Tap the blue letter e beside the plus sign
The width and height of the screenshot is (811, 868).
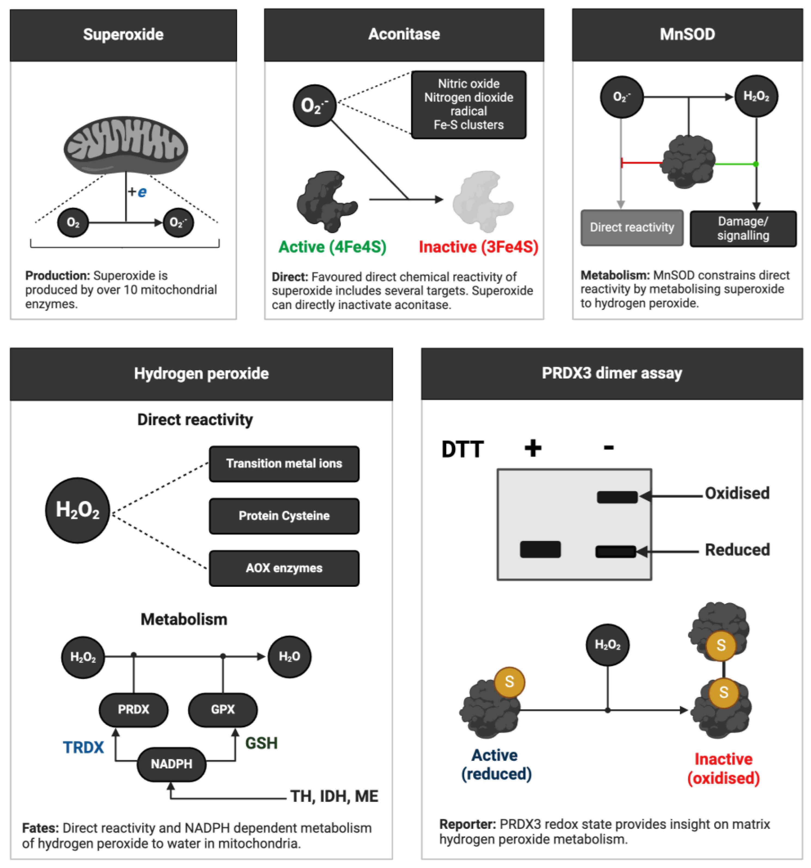point(142,192)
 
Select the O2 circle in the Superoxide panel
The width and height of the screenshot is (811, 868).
point(73,223)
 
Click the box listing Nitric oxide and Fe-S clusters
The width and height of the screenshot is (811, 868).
point(468,105)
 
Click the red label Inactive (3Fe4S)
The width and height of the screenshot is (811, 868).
point(478,247)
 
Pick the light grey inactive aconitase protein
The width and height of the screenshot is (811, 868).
point(482,201)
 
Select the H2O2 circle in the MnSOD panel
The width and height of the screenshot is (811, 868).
point(756,96)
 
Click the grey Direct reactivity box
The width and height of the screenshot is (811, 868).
point(632,227)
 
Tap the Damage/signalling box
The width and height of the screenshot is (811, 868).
point(743,228)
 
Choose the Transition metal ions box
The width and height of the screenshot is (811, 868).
point(284,464)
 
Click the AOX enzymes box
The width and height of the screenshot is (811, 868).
point(284,568)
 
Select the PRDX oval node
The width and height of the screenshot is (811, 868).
point(134,710)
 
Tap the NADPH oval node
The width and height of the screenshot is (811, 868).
point(172,764)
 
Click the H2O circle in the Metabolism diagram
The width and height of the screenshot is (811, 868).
point(289,657)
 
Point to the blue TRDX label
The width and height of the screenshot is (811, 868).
point(83,747)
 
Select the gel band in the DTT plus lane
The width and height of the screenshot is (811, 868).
point(540,549)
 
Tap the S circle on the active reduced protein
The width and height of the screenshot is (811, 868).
point(509,682)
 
